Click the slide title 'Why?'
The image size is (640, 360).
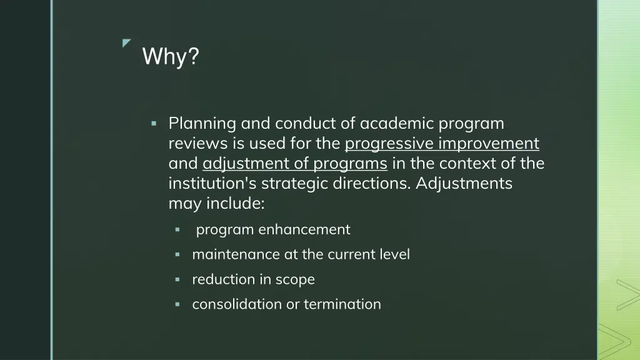[x=171, y=57]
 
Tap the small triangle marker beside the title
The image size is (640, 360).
[x=126, y=43]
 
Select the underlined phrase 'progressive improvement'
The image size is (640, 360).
[x=442, y=144]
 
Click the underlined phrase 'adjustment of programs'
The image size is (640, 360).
[x=295, y=164]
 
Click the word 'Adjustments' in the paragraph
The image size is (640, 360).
[x=464, y=184]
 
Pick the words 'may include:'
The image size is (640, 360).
[x=217, y=204]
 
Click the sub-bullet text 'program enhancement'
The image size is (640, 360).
[x=273, y=229]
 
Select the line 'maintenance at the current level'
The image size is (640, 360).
[x=301, y=254]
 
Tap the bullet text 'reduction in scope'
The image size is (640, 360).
[x=253, y=279]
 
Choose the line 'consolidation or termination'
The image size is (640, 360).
[x=286, y=304]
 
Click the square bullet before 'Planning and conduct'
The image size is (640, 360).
[x=154, y=124]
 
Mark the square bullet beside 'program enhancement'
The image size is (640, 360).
[x=177, y=230]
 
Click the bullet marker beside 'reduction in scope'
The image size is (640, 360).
[x=177, y=279]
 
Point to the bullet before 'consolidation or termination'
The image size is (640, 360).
[x=177, y=304]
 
